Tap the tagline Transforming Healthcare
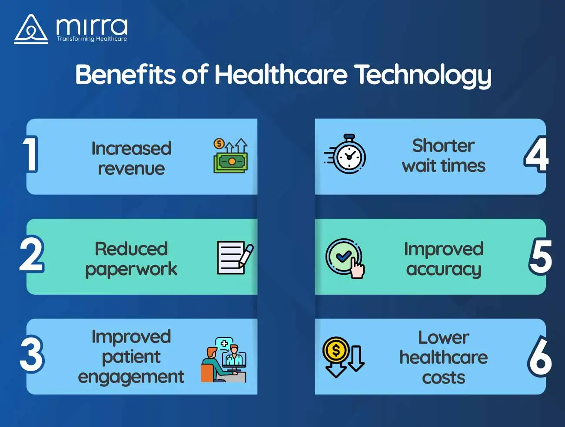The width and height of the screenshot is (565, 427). pyautogui.click(x=92, y=39)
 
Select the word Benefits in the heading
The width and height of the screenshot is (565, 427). pyautogui.click(x=125, y=74)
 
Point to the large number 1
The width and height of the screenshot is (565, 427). pyautogui.click(x=30, y=154)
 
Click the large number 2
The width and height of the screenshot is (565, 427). pyautogui.click(x=32, y=253)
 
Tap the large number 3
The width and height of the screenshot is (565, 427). pyautogui.click(x=32, y=354)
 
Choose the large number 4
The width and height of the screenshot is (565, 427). pyautogui.click(x=536, y=154)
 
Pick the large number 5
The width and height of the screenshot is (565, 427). pyautogui.click(x=540, y=256)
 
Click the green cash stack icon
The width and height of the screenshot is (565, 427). pyautogui.click(x=231, y=156)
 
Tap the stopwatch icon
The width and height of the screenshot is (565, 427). pyautogui.click(x=345, y=154)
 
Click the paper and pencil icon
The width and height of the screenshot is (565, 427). pyautogui.click(x=235, y=258)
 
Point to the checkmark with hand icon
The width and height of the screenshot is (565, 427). pyautogui.click(x=345, y=258)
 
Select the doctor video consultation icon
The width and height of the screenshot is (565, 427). pyautogui.click(x=223, y=360)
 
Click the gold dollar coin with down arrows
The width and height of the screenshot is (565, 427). pyautogui.click(x=343, y=357)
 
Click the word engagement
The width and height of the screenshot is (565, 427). pyautogui.click(x=131, y=378)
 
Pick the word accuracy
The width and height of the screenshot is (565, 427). pyautogui.click(x=444, y=270)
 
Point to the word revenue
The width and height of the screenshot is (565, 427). pyautogui.click(x=131, y=169)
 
